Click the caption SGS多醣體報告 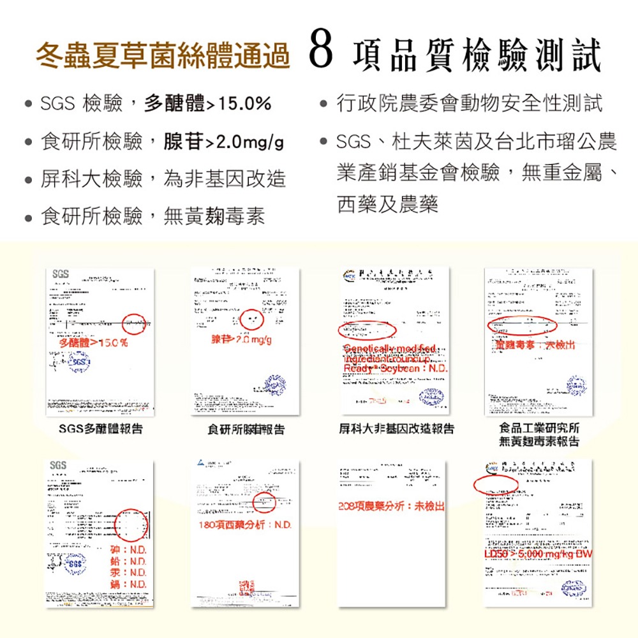[101, 429]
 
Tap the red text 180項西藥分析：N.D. [245, 524]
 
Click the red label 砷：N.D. [130, 550]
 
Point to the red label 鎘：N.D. [130, 585]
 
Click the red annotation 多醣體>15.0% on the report [92, 343]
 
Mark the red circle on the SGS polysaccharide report [134, 325]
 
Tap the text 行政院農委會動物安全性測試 [469, 103]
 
